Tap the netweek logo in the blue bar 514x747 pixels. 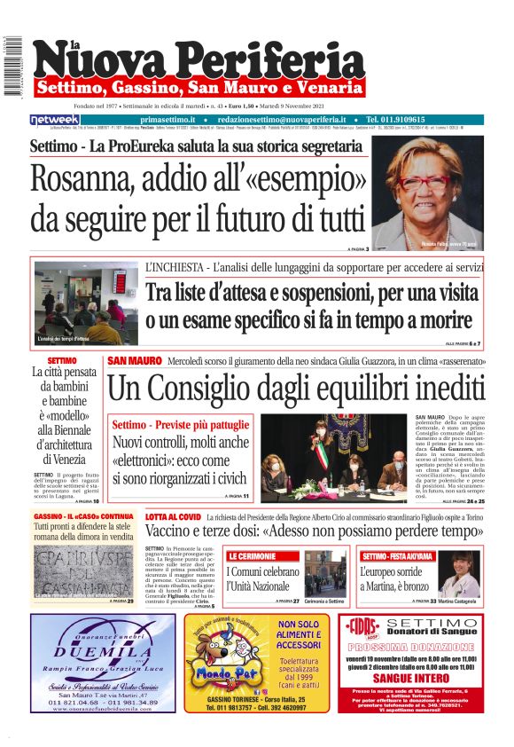tap(54, 119)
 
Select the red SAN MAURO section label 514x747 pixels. tap(134, 361)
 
